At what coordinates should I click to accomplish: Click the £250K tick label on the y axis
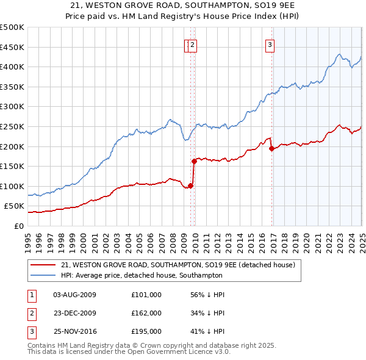click(12, 126)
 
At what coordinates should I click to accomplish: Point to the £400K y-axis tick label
click(12, 67)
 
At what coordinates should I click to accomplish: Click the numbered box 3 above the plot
click(269, 44)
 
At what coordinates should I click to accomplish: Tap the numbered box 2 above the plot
click(192, 44)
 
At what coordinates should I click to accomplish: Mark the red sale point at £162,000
click(194, 161)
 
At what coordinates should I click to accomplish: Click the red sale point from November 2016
click(271, 148)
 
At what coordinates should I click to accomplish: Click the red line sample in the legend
click(43, 265)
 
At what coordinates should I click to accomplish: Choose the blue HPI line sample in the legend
click(43, 275)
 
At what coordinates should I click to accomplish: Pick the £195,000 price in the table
click(146, 332)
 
